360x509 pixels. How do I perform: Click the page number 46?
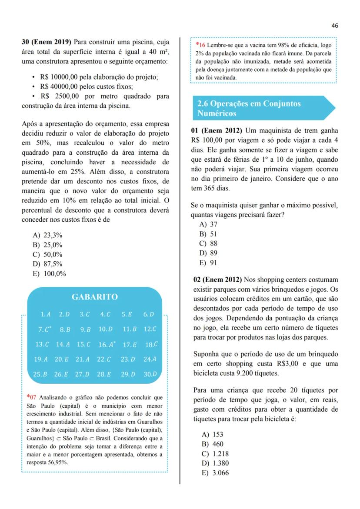334,26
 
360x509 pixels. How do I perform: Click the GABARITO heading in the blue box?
94,297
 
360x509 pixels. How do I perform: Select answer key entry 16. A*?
107,345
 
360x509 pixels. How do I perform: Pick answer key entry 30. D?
150,374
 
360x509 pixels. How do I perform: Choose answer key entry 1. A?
46,314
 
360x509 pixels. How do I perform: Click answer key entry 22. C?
104,359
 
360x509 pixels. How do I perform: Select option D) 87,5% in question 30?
47,264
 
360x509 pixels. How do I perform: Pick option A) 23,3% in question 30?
47,235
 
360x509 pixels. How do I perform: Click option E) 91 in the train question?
208,263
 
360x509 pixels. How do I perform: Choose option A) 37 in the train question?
208,224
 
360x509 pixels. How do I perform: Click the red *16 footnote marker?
200,45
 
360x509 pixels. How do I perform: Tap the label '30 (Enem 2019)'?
47,42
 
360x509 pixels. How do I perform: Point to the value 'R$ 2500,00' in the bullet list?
60,96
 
